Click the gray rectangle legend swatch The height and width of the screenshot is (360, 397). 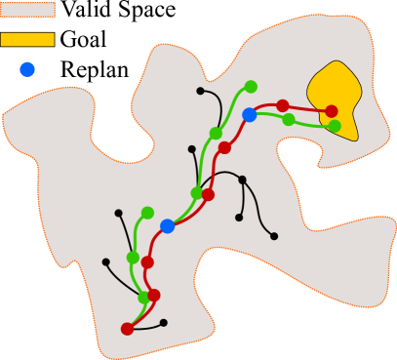pos(27,10)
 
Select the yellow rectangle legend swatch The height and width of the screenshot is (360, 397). pos(27,40)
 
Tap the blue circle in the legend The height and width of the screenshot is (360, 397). pos(27,69)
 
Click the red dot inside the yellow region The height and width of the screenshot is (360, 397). pos(331,111)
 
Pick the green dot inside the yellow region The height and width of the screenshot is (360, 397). pos(335,126)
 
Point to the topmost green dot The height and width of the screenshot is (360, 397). pos(251,87)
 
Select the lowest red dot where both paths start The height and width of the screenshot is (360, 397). pos(127,329)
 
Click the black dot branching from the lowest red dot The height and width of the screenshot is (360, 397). pos(163,323)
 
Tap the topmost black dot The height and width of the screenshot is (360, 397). pos(200,91)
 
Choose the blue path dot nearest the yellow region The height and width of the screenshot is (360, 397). pos(249,115)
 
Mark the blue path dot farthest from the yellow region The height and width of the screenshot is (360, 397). pos(167,226)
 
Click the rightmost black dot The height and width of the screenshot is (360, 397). pos(274,236)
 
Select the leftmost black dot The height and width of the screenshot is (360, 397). pos(105,261)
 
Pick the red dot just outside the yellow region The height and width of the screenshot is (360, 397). pos(282,105)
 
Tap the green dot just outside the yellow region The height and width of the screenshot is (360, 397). pos(288,120)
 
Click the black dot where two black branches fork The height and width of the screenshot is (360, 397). pos(242,180)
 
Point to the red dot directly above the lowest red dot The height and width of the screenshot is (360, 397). pos(153,295)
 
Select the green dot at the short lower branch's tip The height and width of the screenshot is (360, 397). pos(147,213)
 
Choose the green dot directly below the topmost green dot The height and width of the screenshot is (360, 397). pos(216,134)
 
